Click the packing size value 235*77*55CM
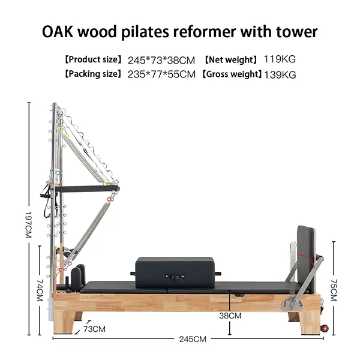[161, 74]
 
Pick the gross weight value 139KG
[281, 74]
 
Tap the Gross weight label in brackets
[231, 74]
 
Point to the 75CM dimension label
[334, 290]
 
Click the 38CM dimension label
[230, 315]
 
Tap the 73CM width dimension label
[94, 329]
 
